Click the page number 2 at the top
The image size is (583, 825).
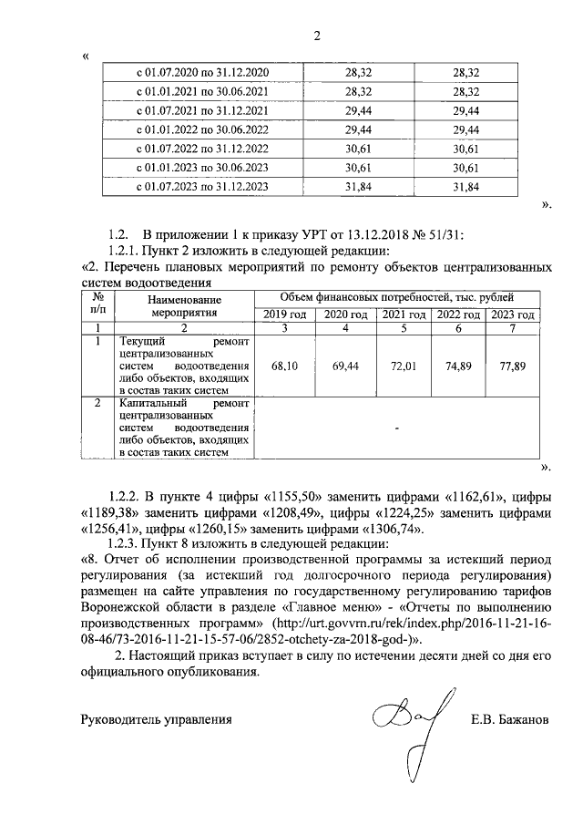pyautogui.click(x=317, y=36)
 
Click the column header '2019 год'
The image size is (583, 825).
pyautogui.click(x=285, y=315)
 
